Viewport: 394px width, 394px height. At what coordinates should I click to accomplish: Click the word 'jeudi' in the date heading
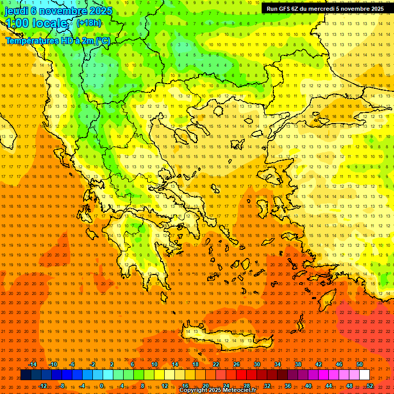pos(17,11)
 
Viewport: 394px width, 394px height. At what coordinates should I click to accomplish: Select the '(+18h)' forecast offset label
pos(89,23)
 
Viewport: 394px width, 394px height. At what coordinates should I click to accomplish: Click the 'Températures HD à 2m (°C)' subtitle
pos(57,41)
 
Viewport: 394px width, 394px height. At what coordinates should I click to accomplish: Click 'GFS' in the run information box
pos(286,9)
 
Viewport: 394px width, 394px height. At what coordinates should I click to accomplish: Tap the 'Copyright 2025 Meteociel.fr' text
pos(218,390)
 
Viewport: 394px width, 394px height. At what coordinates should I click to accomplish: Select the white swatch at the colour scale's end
pos(364,375)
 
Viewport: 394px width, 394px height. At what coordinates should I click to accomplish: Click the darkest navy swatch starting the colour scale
pos(26,375)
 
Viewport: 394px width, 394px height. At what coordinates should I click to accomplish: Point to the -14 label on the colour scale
pos(32,364)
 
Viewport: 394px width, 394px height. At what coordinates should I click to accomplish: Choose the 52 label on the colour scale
pos(370,386)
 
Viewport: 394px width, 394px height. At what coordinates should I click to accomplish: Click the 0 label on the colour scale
pos(102,386)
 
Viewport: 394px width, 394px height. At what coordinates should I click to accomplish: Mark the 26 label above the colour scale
pos(237,364)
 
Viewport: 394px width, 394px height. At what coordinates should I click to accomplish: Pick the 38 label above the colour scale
pos(298,364)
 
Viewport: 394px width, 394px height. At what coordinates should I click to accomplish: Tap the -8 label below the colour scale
pos(62,386)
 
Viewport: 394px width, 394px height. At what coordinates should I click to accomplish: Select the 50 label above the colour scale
pos(360,364)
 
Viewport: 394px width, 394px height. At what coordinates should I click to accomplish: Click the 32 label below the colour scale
pos(267,386)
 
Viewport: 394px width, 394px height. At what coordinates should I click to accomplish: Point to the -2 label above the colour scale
pos(92,364)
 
